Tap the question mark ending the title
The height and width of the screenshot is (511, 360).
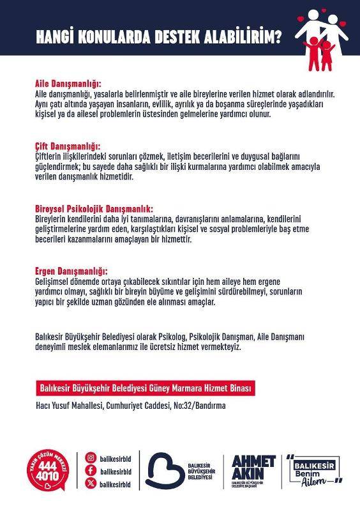[x=278, y=38]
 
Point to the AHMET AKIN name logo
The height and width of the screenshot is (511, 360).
[x=253, y=469]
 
